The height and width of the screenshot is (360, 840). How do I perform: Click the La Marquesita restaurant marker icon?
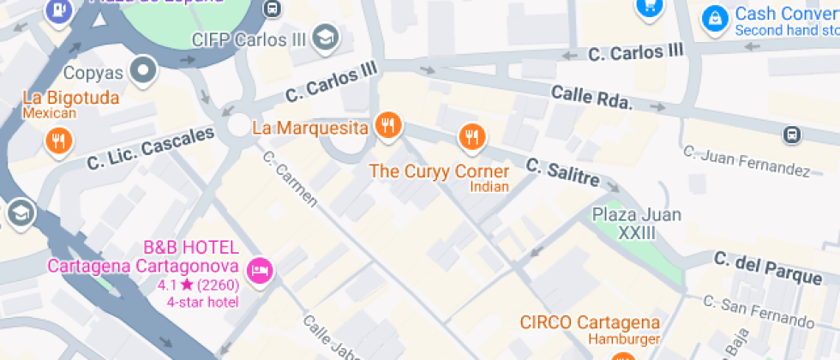[x=388, y=125]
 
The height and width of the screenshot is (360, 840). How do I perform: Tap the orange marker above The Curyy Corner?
[x=470, y=135]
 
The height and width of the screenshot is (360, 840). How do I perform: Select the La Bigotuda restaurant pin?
[x=59, y=140]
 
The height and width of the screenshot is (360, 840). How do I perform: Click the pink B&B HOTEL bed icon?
[x=259, y=272]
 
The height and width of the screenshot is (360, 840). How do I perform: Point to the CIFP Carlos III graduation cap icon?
[x=326, y=37]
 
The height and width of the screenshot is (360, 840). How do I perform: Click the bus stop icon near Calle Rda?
[x=792, y=135]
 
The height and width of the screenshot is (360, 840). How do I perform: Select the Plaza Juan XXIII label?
[x=636, y=223]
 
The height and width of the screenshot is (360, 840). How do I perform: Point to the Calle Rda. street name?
[x=591, y=97]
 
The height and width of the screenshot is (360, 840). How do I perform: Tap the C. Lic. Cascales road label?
[x=150, y=148]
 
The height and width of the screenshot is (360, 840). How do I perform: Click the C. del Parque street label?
[x=768, y=267]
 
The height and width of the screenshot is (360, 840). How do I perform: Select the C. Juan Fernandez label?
[x=746, y=161]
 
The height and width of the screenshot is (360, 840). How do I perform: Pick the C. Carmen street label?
[x=290, y=179]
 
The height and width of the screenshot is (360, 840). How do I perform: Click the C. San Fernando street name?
[x=758, y=312]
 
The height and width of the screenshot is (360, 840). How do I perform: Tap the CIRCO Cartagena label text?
[x=590, y=323]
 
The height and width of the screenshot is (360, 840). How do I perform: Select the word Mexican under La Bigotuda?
[x=50, y=112]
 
